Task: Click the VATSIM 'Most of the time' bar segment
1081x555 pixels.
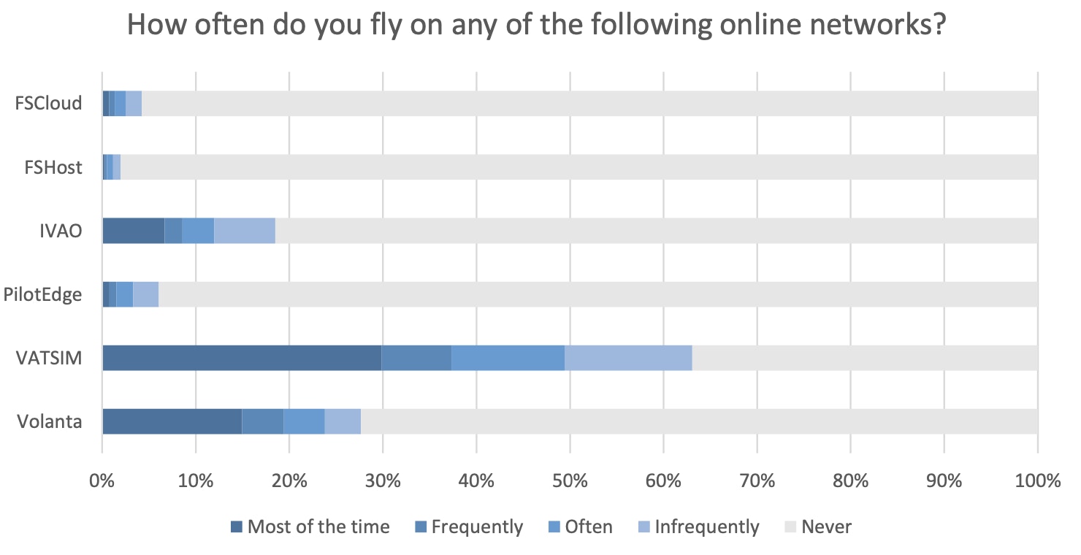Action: pyautogui.click(x=242, y=358)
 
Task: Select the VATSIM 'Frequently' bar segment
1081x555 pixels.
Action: pyautogui.click(x=416, y=358)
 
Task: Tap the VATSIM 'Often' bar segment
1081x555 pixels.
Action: pyautogui.click(x=508, y=358)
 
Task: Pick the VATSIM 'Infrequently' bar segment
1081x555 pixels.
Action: pyautogui.click(x=628, y=358)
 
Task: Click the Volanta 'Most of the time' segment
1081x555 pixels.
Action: pyautogui.click(x=172, y=421)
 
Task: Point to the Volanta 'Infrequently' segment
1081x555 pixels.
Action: pyautogui.click(x=343, y=421)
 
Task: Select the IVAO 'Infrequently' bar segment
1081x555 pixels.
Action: pyautogui.click(x=245, y=231)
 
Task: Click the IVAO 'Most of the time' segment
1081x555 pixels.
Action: pyautogui.click(x=133, y=231)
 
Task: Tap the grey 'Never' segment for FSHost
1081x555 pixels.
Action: pyautogui.click(x=577, y=167)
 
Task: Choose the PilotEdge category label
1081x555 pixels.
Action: pyautogui.click(x=42, y=295)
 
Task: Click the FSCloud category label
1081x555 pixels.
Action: pyautogui.click(x=48, y=103)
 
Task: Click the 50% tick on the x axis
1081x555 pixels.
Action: pyautogui.click(x=570, y=481)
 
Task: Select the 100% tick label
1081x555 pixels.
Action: pyautogui.click(x=1036, y=481)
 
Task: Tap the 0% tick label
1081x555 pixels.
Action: pyautogui.click(x=102, y=481)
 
